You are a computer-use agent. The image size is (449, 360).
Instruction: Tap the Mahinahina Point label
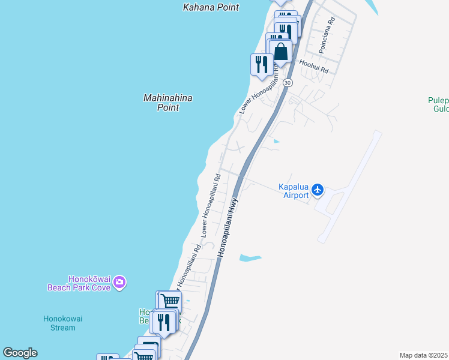163,102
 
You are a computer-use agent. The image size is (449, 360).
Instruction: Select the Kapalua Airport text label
294,191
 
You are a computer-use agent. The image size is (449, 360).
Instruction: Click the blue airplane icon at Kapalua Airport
318,191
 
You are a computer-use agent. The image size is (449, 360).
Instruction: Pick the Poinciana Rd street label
327,35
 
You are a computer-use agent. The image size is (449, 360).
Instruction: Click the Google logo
20,353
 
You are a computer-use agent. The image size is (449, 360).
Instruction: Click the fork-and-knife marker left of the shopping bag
261,64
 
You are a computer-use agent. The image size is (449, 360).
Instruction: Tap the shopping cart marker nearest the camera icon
170,301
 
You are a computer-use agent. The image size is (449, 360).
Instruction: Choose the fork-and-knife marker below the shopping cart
163,322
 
